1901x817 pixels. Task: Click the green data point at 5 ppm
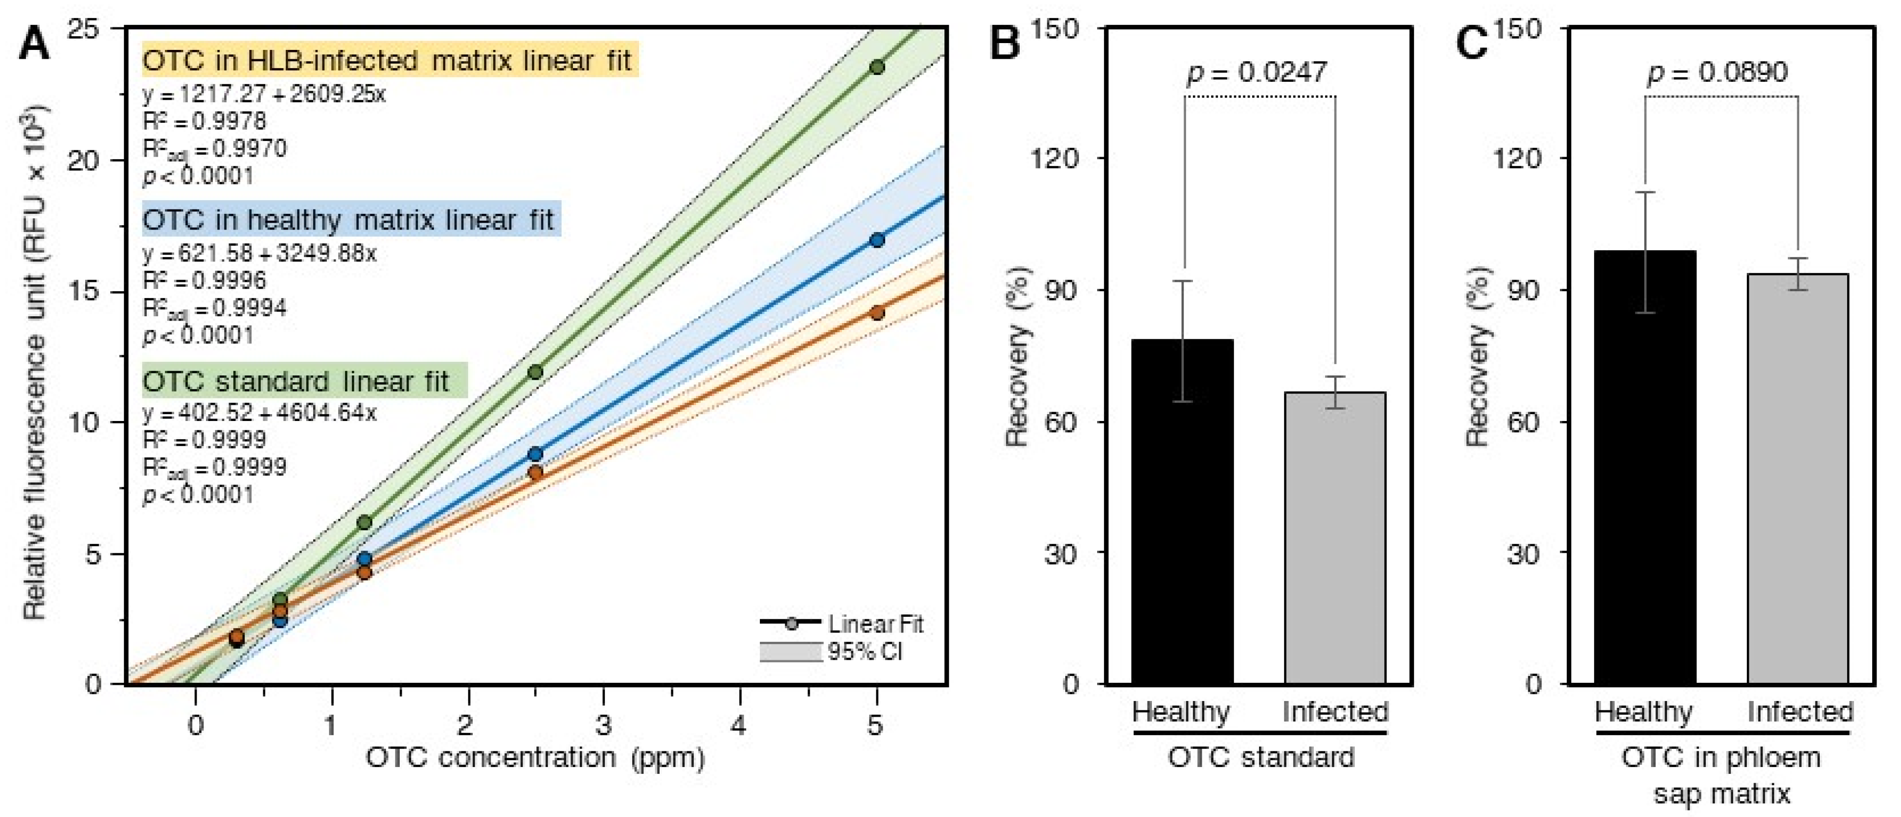877,67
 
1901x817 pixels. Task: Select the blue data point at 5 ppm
877,240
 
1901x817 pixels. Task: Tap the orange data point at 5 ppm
877,313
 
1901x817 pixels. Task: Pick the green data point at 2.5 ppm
536,372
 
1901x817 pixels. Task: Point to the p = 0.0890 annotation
1718,72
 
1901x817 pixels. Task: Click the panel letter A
34,44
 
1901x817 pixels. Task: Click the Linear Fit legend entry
841,624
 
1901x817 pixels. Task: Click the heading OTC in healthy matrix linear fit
348,220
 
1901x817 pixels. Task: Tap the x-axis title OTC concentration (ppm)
535,758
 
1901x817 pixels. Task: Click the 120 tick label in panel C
1516,158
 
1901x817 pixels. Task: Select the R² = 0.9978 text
205,121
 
